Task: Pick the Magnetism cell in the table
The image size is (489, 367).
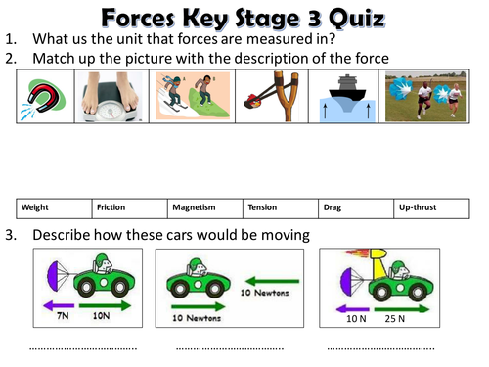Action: (x=205, y=207)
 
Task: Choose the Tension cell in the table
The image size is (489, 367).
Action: (x=281, y=207)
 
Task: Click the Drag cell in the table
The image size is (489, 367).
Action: (x=356, y=207)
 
